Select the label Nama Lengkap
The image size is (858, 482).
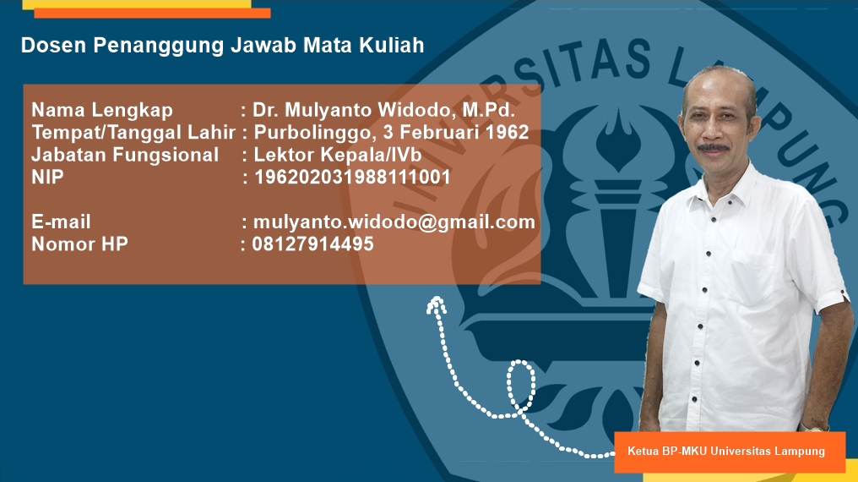point(102,111)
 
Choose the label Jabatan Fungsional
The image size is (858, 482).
point(125,155)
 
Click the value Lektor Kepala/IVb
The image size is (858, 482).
point(338,155)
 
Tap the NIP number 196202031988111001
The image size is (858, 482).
point(352,177)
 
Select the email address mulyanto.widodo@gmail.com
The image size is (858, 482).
point(394,222)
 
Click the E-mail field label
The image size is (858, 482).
point(62,222)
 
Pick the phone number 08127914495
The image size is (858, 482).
point(313,244)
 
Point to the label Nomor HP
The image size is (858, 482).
point(80,244)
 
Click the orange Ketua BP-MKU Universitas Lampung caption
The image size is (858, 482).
point(730,452)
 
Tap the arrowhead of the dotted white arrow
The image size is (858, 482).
point(436,304)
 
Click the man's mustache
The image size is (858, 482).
point(714,147)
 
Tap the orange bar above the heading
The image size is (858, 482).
point(152,14)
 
